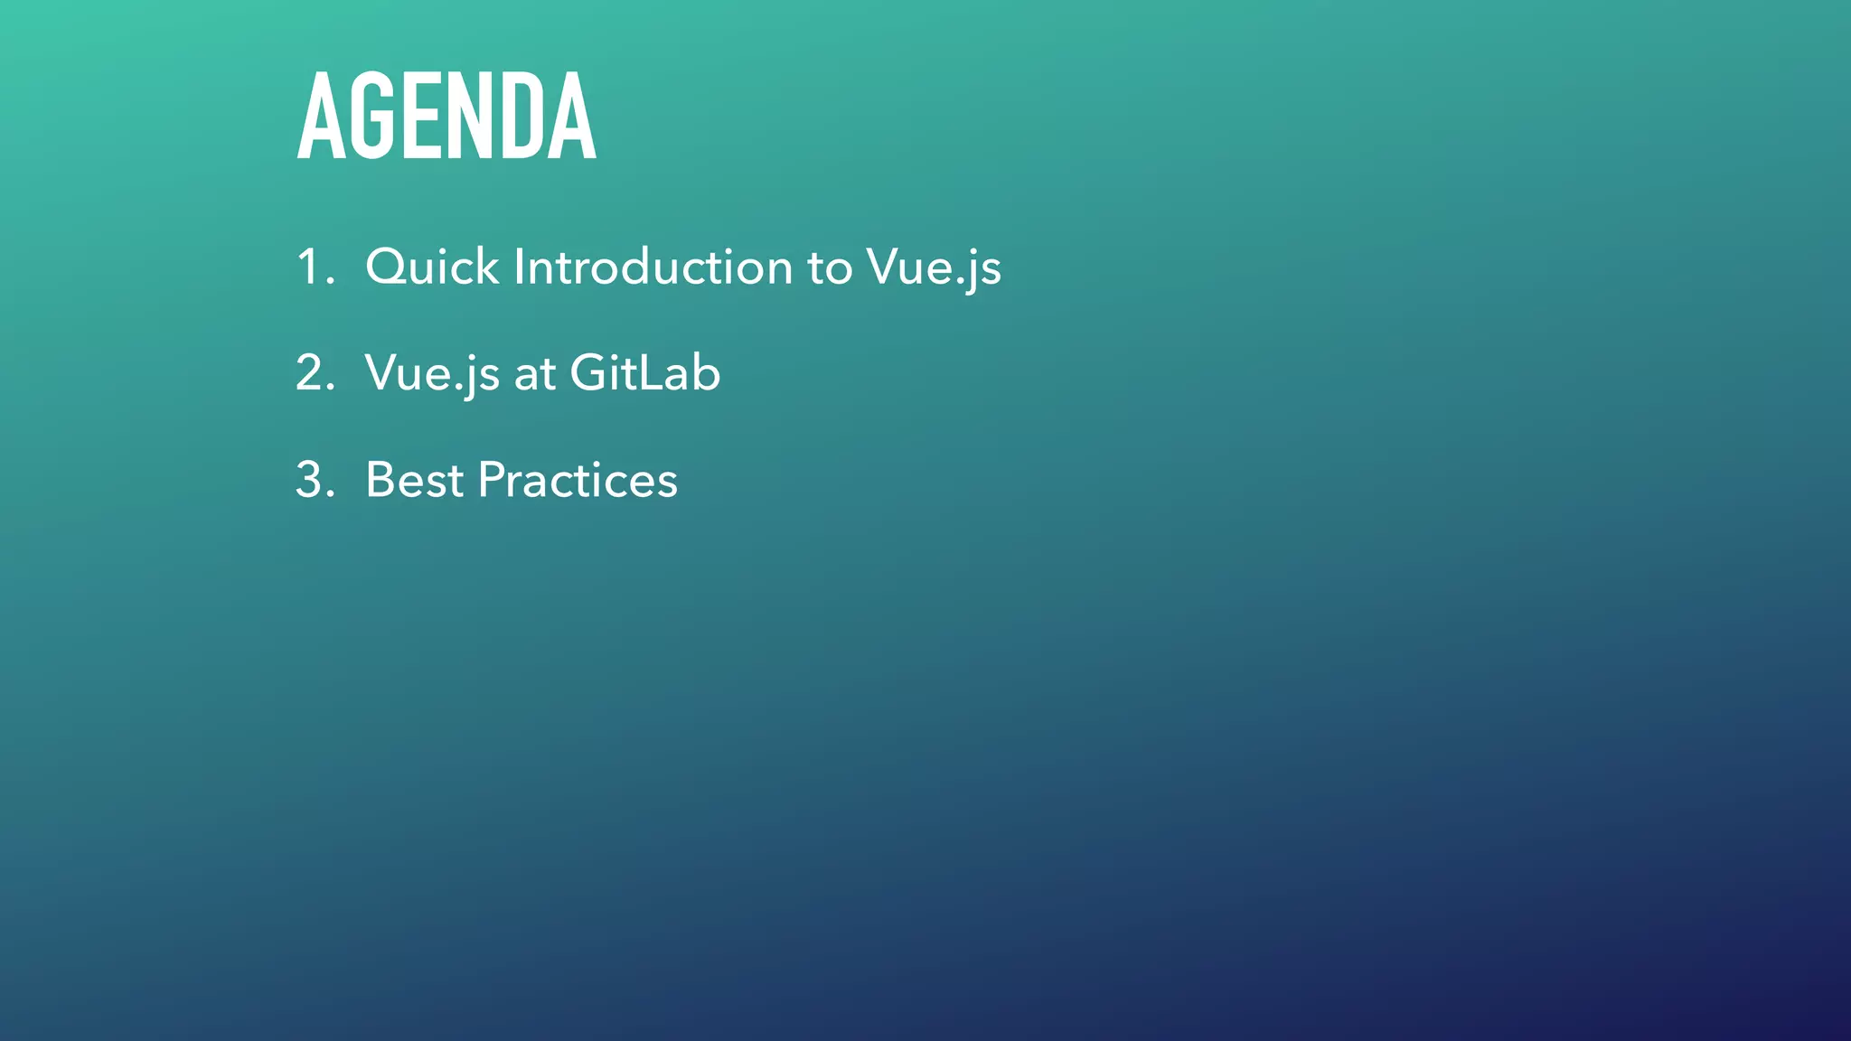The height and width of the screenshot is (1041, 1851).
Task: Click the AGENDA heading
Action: (446, 117)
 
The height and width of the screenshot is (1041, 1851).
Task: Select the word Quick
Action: (431, 267)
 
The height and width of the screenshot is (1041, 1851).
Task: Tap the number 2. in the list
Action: (315, 373)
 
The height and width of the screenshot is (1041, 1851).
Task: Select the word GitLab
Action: (645, 373)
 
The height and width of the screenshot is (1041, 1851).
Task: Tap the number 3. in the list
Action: (315, 480)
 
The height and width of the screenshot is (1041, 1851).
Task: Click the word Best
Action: (414, 480)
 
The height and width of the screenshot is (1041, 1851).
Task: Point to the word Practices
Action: (578, 480)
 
